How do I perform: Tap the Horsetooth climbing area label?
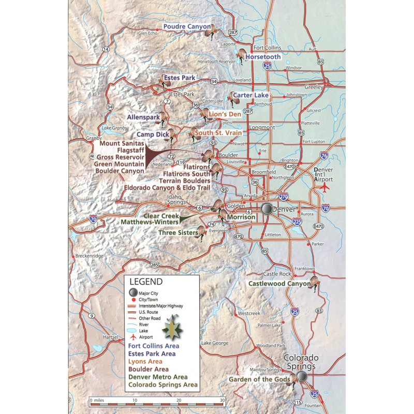(x=263, y=56)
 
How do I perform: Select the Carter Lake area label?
(x=250, y=95)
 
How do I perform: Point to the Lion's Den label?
(x=225, y=114)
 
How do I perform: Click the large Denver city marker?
(x=267, y=209)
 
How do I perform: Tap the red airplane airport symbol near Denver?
(x=325, y=187)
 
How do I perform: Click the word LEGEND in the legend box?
(x=145, y=282)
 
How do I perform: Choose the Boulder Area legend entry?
(x=152, y=369)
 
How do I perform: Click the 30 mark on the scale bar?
(x=222, y=400)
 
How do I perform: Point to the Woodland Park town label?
(x=271, y=345)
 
